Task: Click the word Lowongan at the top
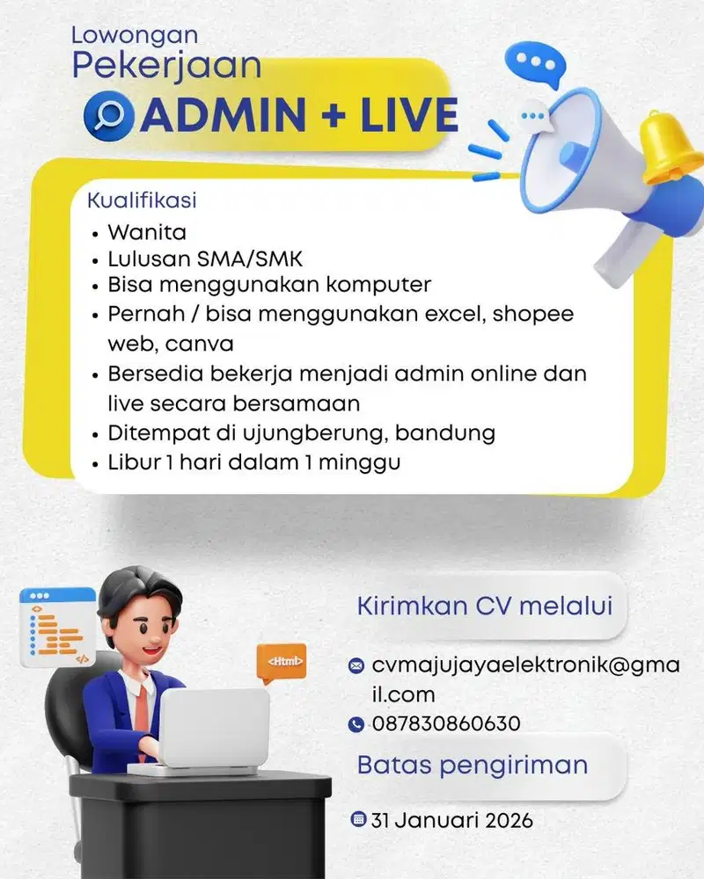pyautogui.click(x=134, y=36)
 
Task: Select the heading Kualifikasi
pyautogui.click(x=141, y=200)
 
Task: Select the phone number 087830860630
pyautogui.click(x=446, y=724)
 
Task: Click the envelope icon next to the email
pyautogui.click(x=356, y=666)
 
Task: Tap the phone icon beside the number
pyautogui.click(x=356, y=725)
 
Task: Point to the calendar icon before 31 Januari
pyautogui.click(x=358, y=820)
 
